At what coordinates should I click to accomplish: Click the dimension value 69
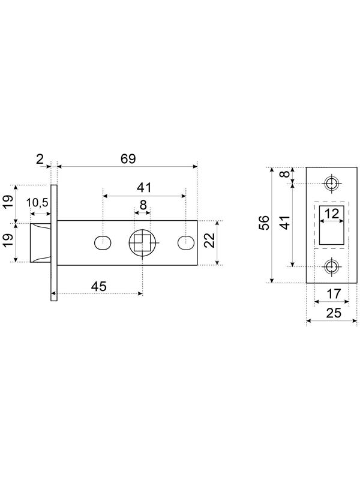[x=128, y=159]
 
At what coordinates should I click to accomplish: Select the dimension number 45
[x=98, y=286]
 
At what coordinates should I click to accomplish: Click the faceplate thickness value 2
[x=40, y=159]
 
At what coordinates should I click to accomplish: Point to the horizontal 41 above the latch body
[x=143, y=188]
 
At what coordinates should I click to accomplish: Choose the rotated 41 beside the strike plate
[x=286, y=223]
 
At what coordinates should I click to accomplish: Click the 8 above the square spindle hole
[x=143, y=205]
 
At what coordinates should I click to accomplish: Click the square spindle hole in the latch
[x=142, y=243]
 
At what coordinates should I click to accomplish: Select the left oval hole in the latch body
[x=103, y=243]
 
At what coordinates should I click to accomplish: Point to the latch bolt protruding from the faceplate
[x=40, y=242]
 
